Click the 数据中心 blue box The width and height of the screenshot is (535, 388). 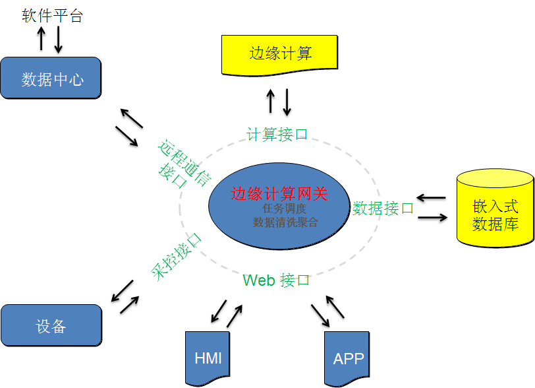pyautogui.click(x=51, y=78)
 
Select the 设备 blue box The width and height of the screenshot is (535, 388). pyautogui.click(x=51, y=325)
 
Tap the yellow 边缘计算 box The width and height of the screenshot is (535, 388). pyautogui.click(x=279, y=55)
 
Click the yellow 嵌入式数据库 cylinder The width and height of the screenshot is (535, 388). pyautogui.click(x=495, y=209)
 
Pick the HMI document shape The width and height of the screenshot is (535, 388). pyautogui.click(x=208, y=358)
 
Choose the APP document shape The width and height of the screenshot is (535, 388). pyautogui.click(x=347, y=358)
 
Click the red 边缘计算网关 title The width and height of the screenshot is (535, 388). pyautogui.click(x=279, y=194)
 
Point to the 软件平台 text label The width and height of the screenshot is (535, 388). pyautogui.click(x=52, y=16)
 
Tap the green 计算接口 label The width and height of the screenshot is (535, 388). pyautogui.click(x=277, y=135)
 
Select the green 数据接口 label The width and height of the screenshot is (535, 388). pyautogui.click(x=383, y=208)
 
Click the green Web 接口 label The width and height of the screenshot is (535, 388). pyautogui.click(x=276, y=280)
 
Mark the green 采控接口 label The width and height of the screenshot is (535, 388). pyautogui.click(x=177, y=257)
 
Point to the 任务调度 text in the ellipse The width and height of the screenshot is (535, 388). pyautogui.click(x=284, y=208)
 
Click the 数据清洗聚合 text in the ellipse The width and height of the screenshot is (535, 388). pyautogui.click(x=285, y=222)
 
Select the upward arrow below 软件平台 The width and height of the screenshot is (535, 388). pyautogui.click(x=42, y=39)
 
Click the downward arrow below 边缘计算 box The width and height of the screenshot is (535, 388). pyautogui.click(x=287, y=102)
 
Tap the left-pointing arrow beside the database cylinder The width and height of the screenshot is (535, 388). pyautogui.click(x=431, y=197)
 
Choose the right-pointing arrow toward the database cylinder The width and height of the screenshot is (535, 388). pyautogui.click(x=433, y=217)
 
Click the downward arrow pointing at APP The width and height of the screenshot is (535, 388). pyautogui.click(x=320, y=315)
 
